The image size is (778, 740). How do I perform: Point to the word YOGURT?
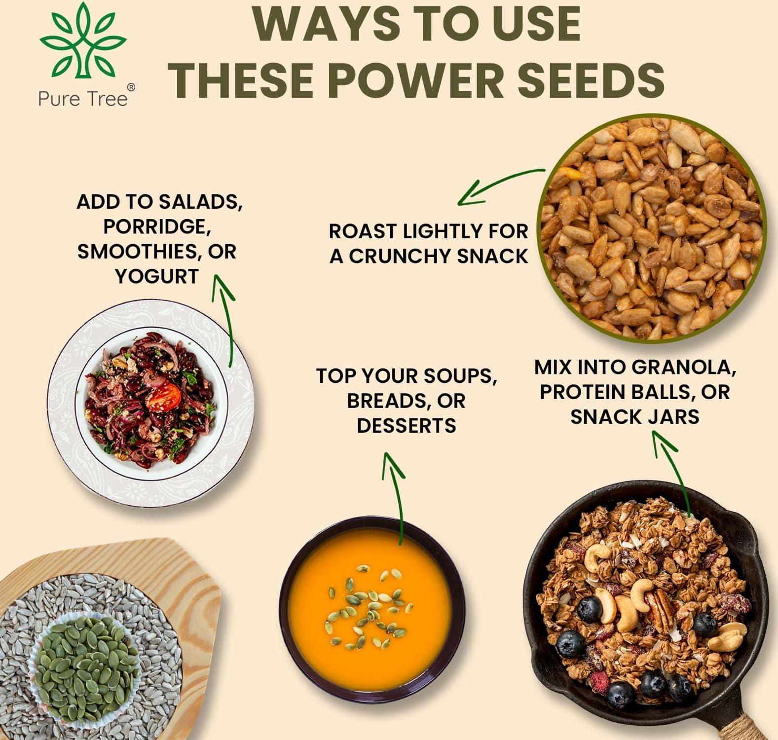click(157, 276)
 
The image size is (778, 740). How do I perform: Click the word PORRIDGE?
click(157, 226)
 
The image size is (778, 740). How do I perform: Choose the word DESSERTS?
click(406, 425)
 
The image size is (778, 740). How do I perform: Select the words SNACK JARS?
click(634, 417)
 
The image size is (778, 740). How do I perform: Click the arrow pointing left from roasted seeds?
click(498, 185)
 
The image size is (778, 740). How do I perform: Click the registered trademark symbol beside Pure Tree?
click(131, 87)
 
